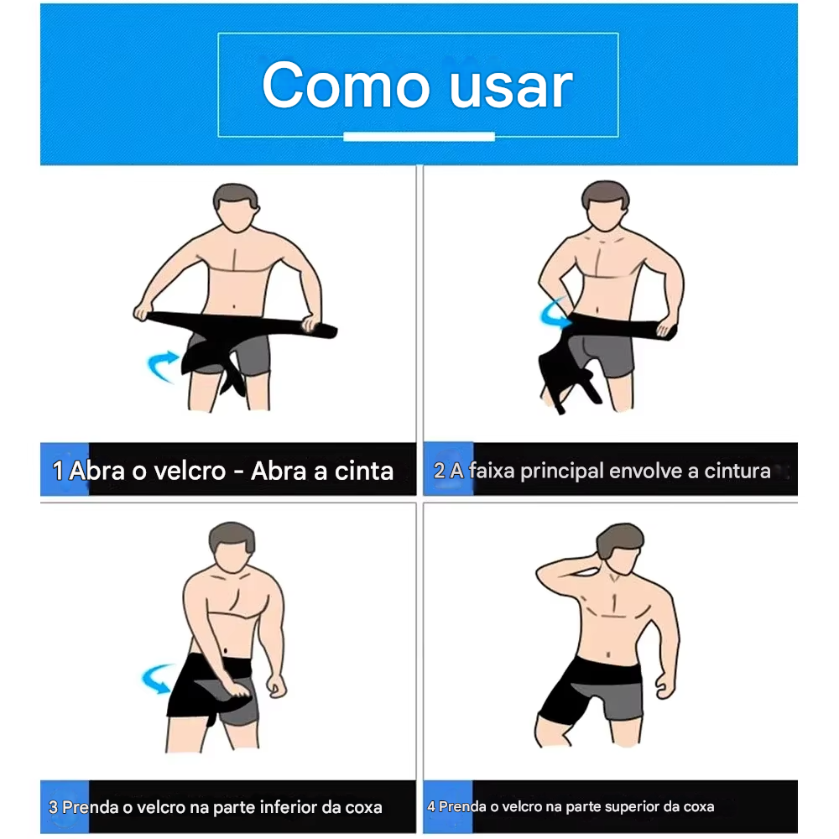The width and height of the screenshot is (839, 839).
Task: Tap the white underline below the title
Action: (x=419, y=137)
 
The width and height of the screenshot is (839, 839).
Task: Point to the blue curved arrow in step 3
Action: (x=160, y=678)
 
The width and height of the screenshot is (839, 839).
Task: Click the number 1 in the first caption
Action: (x=57, y=471)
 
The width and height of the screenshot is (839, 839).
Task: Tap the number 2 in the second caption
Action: (x=439, y=471)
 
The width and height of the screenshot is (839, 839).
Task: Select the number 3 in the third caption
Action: (x=54, y=808)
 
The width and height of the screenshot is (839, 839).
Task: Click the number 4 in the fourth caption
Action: (x=431, y=807)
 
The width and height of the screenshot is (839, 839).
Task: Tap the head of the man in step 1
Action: (x=235, y=210)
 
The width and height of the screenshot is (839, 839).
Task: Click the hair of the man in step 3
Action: (x=232, y=537)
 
